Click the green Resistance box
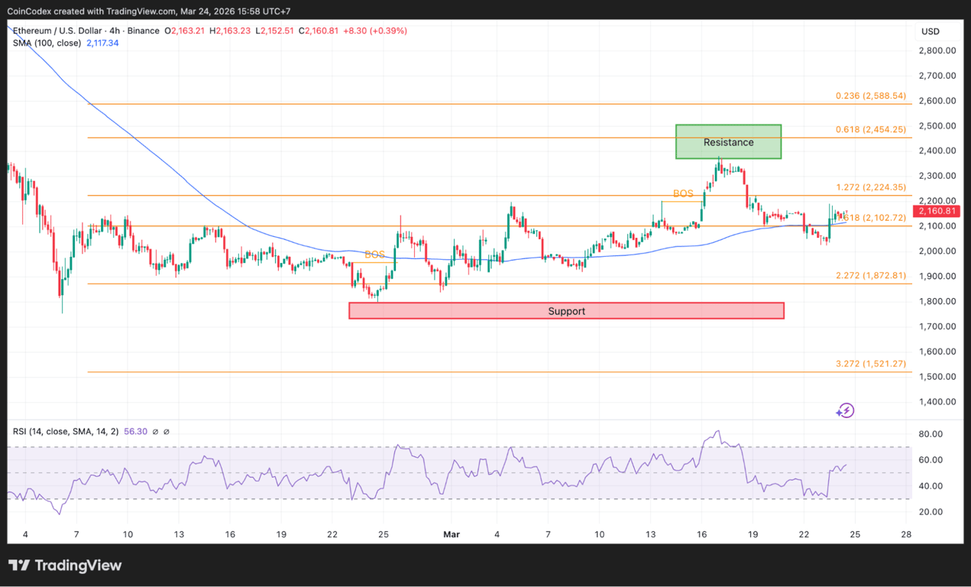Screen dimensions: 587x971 [728, 142]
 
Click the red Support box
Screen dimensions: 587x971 [566, 311]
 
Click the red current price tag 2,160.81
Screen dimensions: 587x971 [937, 211]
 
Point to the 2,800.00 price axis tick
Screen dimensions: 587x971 [937, 50]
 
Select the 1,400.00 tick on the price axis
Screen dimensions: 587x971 [937, 402]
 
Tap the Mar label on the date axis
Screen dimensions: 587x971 [452, 534]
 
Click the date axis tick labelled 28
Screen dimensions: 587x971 [906, 534]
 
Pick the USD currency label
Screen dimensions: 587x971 [930, 31]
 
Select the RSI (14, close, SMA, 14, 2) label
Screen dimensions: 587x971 [66, 431]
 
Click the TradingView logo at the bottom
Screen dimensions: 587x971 [66, 566]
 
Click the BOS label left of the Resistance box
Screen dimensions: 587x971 [683, 193]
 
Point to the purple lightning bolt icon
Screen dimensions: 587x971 [845, 411]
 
